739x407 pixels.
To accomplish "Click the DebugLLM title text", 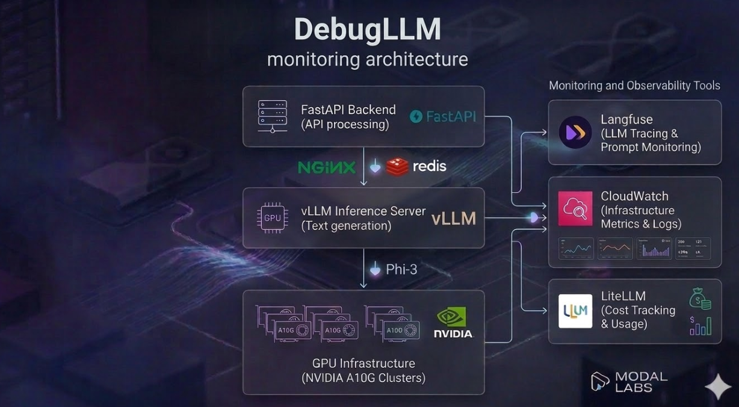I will [x=367, y=30].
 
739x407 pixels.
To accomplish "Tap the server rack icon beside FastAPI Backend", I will [x=273, y=116].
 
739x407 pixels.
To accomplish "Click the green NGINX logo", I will [x=327, y=167].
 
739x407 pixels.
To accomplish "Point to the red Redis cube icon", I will [x=397, y=167].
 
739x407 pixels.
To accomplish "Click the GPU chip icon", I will [x=272, y=218].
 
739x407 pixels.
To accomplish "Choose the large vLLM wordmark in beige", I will [x=454, y=219].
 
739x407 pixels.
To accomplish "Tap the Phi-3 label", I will [x=401, y=269].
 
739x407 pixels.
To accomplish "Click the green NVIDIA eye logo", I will [x=452, y=317].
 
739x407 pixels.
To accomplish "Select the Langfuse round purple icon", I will [x=575, y=132].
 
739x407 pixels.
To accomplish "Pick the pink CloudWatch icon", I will [x=575, y=208].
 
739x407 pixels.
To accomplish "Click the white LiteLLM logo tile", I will [x=575, y=311].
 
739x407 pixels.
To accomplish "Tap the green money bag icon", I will [x=700, y=299].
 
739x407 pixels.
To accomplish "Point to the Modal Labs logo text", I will [x=641, y=382].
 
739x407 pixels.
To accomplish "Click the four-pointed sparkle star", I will [x=718, y=387].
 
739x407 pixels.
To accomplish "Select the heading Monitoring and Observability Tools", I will [x=634, y=85].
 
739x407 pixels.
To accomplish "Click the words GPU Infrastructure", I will [x=363, y=363].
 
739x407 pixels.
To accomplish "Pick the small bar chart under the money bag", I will [x=700, y=326].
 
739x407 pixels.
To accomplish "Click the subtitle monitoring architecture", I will [x=367, y=60].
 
